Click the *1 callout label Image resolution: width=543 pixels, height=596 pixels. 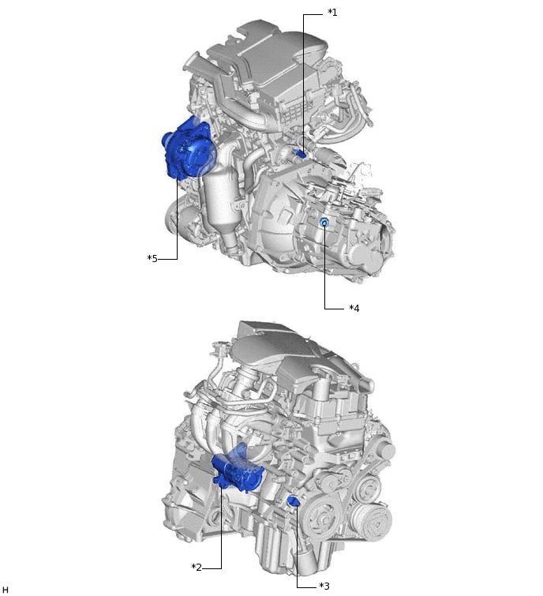pos(332,13)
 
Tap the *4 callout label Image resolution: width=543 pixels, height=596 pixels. pos(354,308)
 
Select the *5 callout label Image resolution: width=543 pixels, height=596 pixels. pos(153,258)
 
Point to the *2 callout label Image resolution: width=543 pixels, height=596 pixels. pos(197,567)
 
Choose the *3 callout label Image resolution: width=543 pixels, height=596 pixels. pos(323,586)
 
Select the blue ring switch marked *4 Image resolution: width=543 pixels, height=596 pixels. pos(324,224)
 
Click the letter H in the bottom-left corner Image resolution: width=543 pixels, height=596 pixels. pos(6,589)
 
